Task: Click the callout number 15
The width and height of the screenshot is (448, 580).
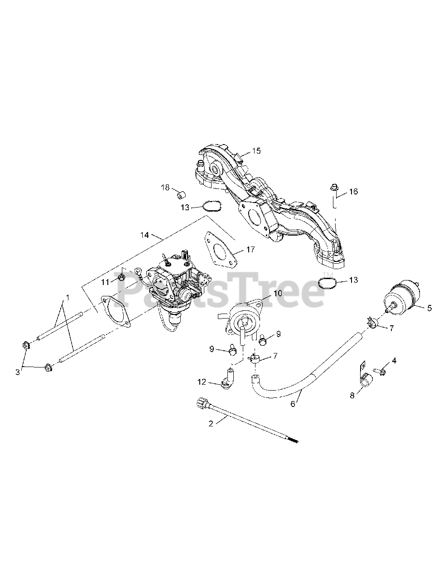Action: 256,151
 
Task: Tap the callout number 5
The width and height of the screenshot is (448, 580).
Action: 429,308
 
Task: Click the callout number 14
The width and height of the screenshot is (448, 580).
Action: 145,235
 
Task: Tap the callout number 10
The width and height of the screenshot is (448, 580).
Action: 277,293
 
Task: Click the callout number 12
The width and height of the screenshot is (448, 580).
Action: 202,382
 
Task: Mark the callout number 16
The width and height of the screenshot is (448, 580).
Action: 353,192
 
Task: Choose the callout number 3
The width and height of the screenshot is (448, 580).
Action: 18,372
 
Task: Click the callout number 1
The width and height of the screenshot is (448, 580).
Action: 67,297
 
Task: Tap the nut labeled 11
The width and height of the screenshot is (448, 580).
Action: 121,277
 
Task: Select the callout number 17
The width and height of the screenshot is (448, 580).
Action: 250,249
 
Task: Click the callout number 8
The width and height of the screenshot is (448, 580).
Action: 352,395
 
